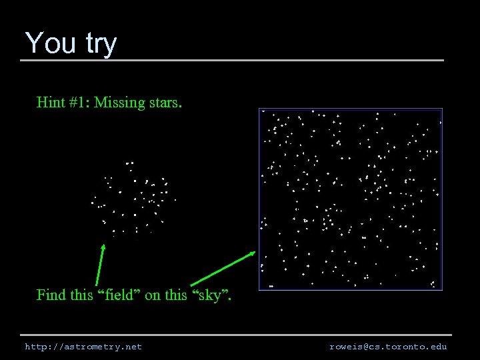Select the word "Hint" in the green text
coord(51,103)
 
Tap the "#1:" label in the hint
coord(79,103)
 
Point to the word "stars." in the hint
coord(165,103)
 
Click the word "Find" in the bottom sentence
coord(51,295)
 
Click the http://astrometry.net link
coord(83,347)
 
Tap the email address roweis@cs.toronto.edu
coord(388,347)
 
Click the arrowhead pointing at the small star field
coord(103,246)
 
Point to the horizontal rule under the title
coord(232,61)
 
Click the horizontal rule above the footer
coord(236,335)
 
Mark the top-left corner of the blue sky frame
coord(259,109)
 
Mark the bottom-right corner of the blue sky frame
coord(442,289)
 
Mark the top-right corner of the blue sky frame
coord(442,109)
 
